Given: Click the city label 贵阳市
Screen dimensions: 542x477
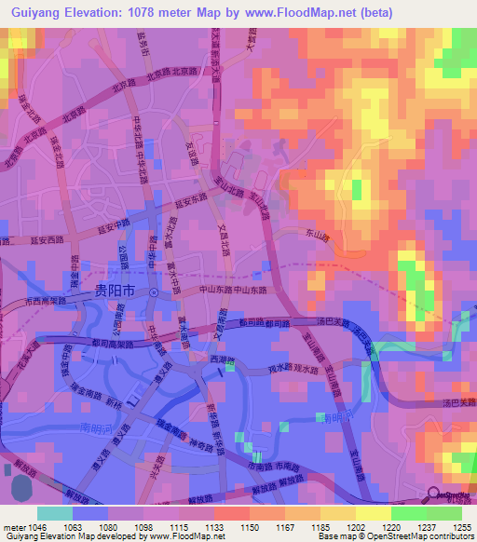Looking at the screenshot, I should pos(115,291).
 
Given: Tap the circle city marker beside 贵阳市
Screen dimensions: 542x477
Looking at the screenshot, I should pos(155,291).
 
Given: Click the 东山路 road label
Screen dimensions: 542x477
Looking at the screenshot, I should pos(319,238).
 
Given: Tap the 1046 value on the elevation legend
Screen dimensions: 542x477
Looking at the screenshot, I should pos(33,526).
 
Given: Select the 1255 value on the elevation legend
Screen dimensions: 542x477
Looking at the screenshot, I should pos(463,526).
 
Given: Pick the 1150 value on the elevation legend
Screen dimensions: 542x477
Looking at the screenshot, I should pos(250,526).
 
